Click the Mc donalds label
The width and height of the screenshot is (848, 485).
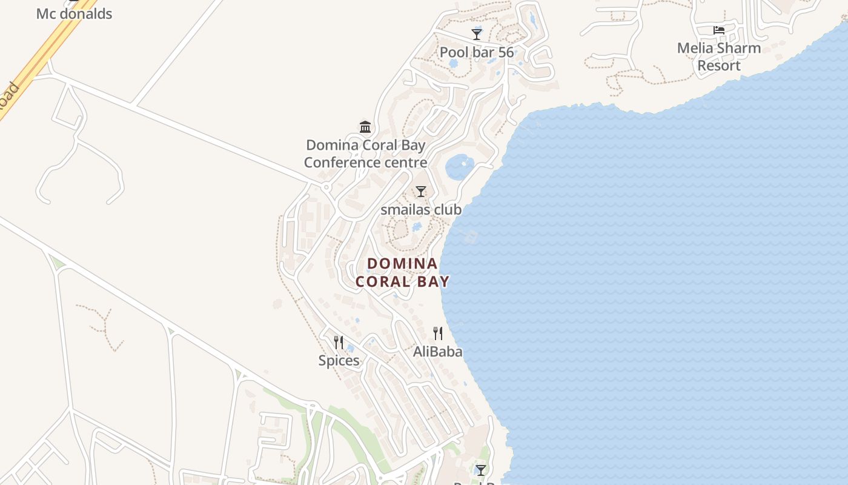(74, 13)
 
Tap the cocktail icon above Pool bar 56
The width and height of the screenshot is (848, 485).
(477, 34)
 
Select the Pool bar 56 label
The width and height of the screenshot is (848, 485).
(477, 52)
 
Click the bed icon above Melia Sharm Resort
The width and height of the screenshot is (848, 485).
(719, 30)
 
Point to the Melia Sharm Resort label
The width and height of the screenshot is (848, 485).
(719, 56)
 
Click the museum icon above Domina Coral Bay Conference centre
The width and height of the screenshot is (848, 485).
(365, 127)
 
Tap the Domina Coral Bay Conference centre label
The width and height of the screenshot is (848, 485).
(365, 154)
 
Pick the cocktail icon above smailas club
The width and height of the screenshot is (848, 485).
(421, 192)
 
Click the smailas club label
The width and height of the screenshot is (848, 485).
(421, 210)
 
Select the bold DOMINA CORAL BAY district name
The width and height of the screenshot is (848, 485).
(402, 272)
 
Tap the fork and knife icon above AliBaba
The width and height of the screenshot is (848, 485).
(437, 333)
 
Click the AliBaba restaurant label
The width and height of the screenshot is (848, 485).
(437, 352)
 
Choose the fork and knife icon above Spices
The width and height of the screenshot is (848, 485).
(339, 342)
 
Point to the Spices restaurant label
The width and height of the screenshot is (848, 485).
(339, 361)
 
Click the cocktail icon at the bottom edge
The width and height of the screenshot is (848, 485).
(480, 470)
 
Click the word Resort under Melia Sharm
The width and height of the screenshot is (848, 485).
(719, 65)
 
